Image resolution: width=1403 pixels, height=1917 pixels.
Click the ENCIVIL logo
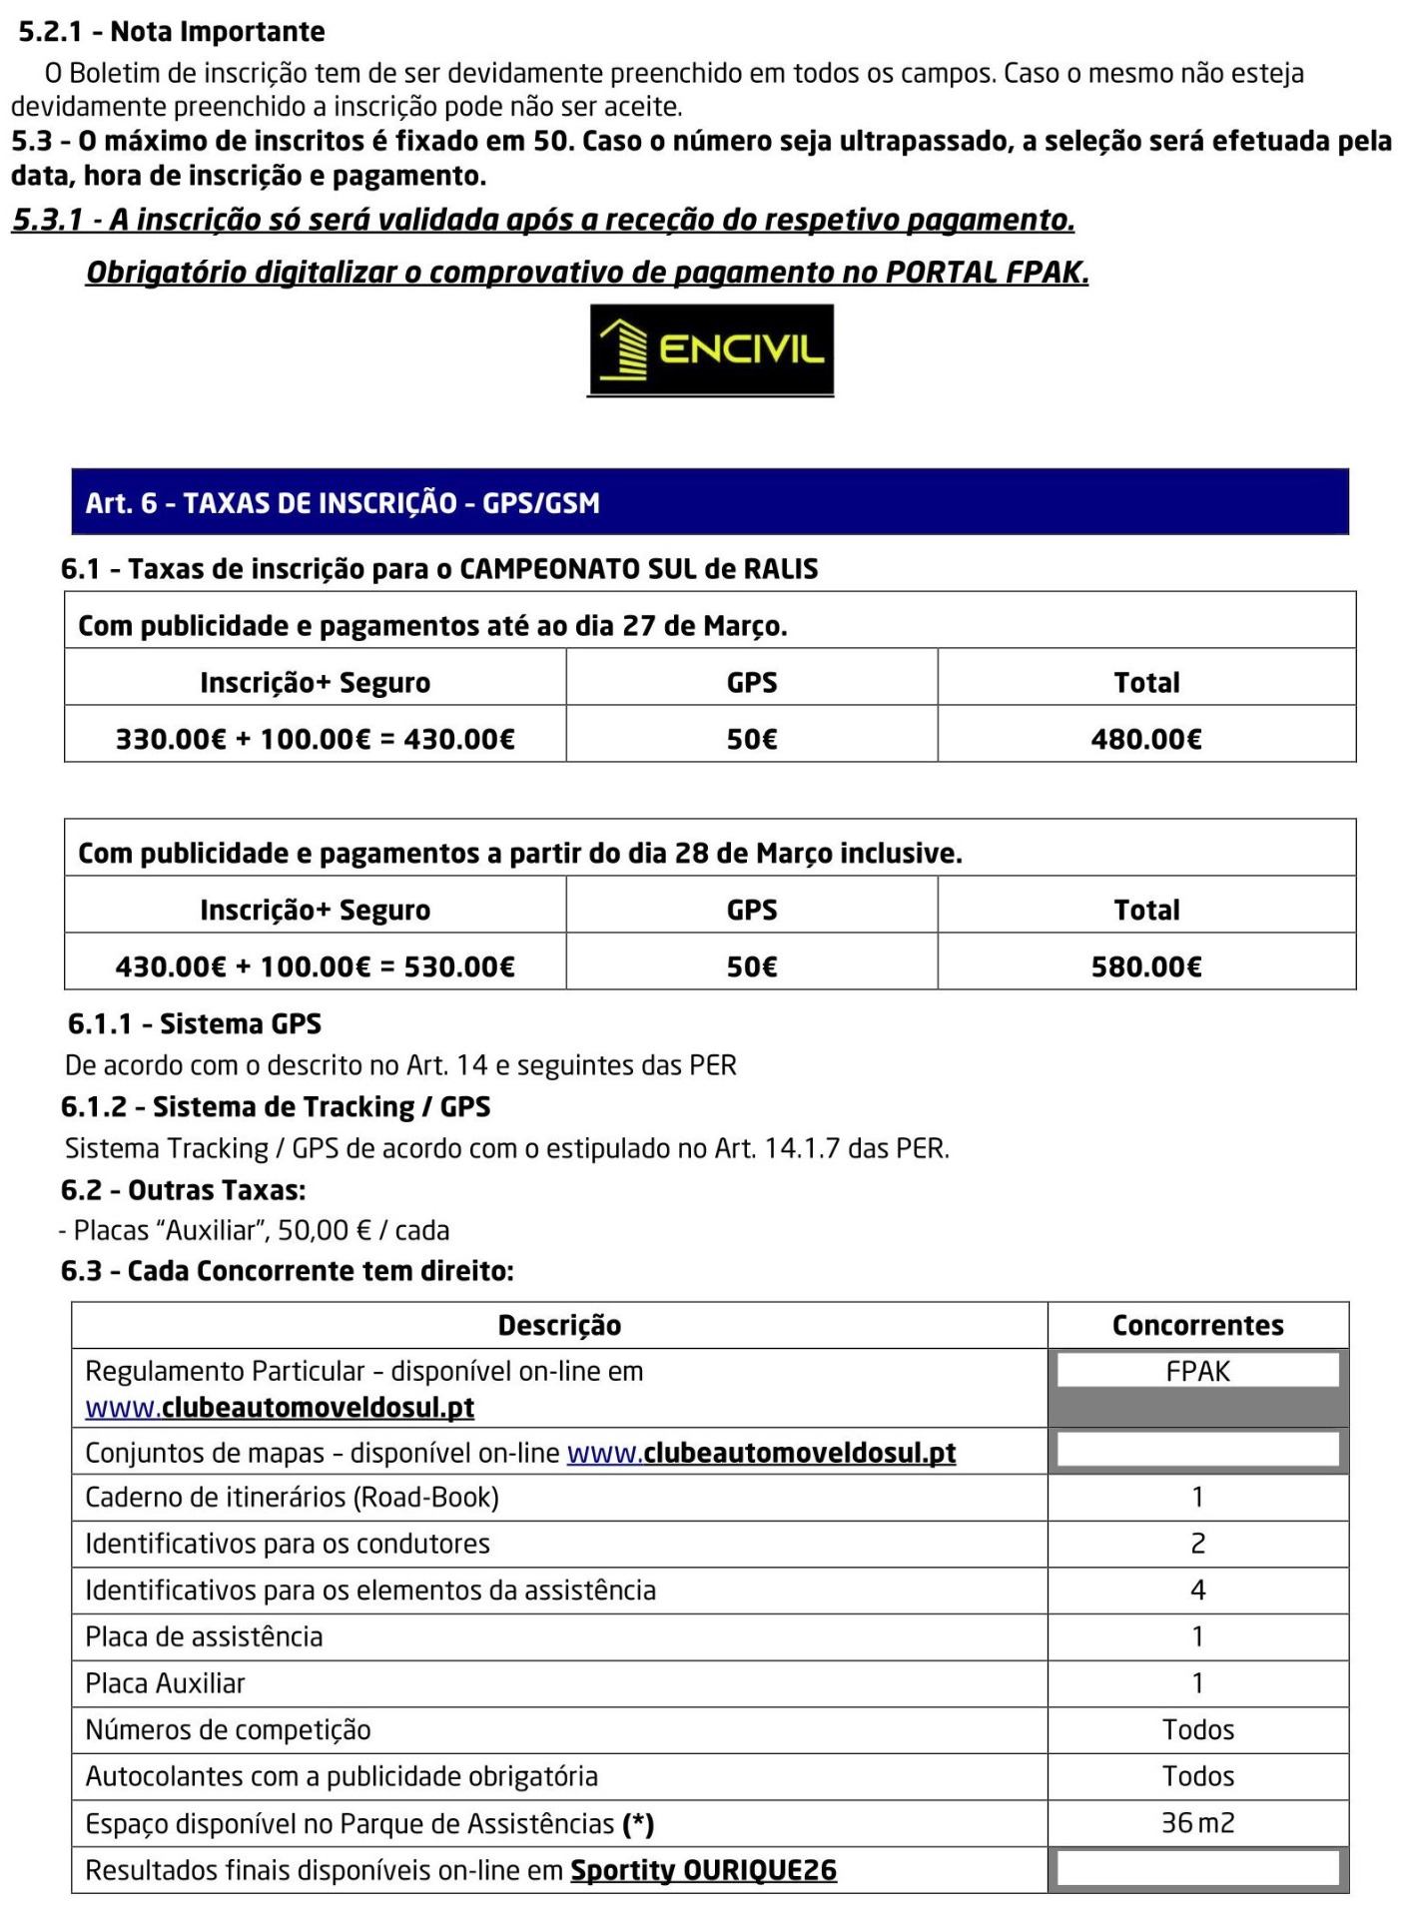point(711,350)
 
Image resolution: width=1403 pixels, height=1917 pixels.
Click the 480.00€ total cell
point(1145,739)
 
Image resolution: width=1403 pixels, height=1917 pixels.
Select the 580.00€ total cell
point(1145,966)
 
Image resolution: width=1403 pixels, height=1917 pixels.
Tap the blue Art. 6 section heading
point(710,502)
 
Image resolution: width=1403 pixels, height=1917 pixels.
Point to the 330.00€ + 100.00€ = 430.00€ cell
point(315,739)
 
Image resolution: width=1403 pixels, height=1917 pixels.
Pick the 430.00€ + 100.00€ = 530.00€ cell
point(315,966)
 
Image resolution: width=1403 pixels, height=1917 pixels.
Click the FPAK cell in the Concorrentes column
point(1197,1372)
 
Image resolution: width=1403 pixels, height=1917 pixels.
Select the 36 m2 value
point(1197,1823)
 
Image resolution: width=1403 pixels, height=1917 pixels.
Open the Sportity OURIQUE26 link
point(703,1870)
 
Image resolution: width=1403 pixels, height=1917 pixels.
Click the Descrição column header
point(559,1325)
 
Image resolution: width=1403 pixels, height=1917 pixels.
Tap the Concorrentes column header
point(1197,1325)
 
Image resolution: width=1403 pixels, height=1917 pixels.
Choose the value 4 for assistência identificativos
point(1197,1591)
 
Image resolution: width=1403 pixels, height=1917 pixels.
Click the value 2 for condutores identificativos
point(1197,1544)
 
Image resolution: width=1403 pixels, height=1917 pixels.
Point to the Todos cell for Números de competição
point(1197,1729)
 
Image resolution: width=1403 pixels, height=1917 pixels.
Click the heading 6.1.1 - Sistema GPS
point(195,1023)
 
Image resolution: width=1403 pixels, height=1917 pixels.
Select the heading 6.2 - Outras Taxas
point(183,1190)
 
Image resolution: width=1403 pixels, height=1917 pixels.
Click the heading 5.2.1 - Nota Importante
point(172,32)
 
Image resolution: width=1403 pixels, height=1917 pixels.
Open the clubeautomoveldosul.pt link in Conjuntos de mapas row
point(761,1453)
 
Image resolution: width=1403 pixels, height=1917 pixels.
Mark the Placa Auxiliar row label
point(165,1683)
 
